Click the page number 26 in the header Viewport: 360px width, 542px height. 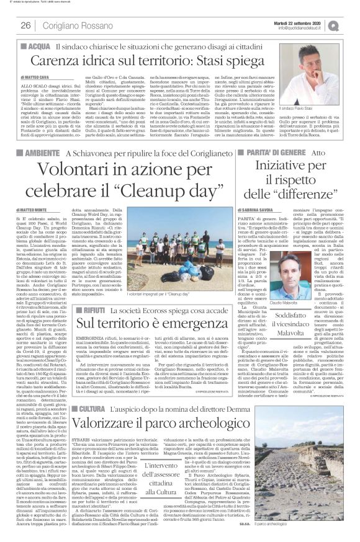tap(26, 25)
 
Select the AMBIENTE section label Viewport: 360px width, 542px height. tap(43, 153)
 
